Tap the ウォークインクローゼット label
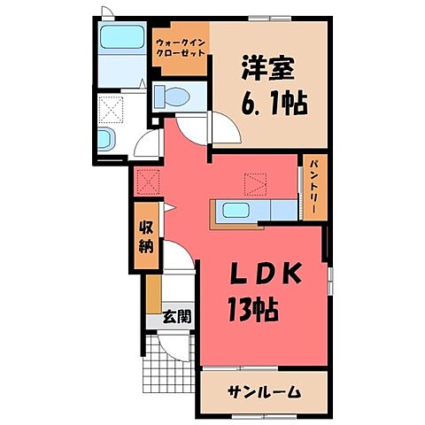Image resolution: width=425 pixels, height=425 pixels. click(x=182, y=48)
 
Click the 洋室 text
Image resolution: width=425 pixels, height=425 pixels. click(x=264, y=66)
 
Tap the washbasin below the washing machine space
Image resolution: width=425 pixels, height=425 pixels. click(x=104, y=139)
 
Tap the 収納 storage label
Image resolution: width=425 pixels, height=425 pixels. click(x=145, y=236)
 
